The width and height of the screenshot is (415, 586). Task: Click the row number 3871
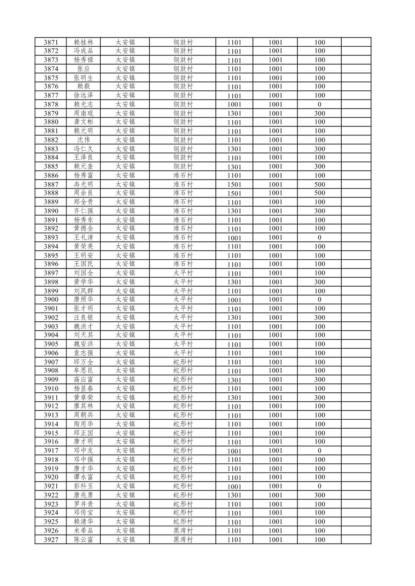(x=51, y=42)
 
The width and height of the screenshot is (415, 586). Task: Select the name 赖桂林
(x=83, y=42)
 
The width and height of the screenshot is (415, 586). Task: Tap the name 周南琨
(x=83, y=113)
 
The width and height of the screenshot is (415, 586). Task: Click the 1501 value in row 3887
(x=234, y=184)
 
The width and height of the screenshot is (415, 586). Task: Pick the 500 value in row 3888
(x=319, y=193)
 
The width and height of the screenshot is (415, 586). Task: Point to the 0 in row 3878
(x=319, y=104)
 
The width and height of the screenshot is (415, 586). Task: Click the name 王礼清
(x=83, y=238)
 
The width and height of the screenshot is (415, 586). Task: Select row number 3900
(x=51, y=299)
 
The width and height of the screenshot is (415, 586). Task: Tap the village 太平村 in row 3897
(x=183, y=273)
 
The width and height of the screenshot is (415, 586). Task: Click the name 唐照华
(x=83, y=299)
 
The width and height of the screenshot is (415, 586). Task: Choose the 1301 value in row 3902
(x=234, y=317)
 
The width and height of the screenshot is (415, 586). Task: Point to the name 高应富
(x=83, y=380)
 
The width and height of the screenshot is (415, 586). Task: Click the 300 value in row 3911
(x=319, y=397)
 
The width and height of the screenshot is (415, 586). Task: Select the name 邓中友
(x=83, y=451)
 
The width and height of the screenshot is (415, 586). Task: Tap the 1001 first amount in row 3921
(x=234, y=486)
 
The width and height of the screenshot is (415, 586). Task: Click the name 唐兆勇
(x=83, y=495)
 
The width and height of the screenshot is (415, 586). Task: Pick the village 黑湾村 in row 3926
(x=183, y=530)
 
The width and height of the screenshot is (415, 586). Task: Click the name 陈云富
(x=83, y=540)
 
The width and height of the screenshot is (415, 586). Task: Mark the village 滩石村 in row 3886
(x=183, y=176)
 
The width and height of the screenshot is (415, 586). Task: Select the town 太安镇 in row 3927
(x=125, y=540)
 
